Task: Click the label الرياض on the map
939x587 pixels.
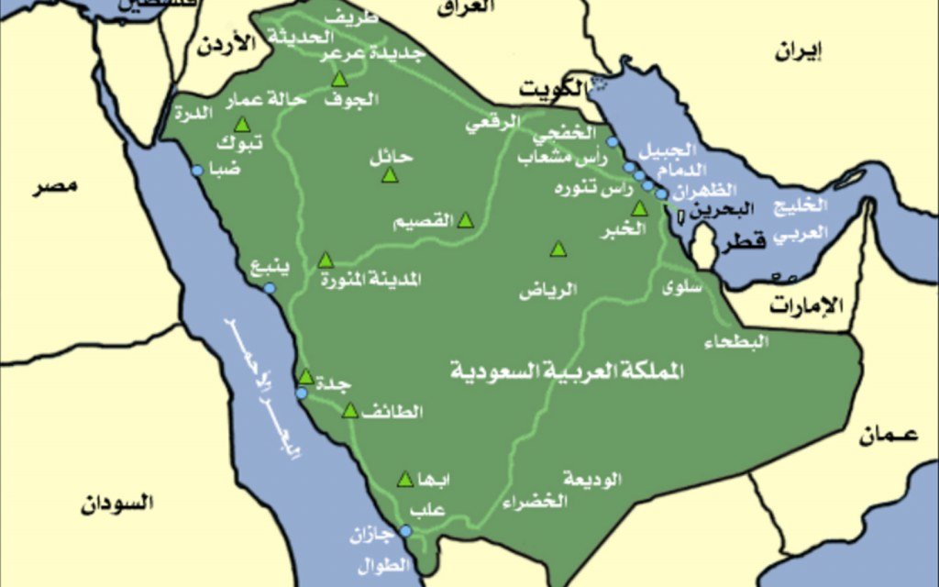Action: (x=548, y=292)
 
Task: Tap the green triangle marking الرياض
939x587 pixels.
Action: (x=558, y=249)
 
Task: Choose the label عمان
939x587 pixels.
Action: (x=889, y=437)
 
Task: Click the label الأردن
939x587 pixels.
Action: (x=224, y=46)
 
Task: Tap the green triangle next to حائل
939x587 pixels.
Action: (x=389, y=174)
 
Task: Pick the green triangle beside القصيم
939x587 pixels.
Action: (x=465, y=220)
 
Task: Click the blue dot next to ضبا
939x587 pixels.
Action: (x=196, y=171)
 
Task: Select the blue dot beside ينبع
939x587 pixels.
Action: (x=269, y=288)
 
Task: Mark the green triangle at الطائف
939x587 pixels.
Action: (x=349, y=411)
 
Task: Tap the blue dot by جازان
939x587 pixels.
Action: (x=404, y=530)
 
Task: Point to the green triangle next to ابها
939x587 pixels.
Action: (x=404, y=479)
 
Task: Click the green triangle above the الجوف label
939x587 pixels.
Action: (x=339, y=79)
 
